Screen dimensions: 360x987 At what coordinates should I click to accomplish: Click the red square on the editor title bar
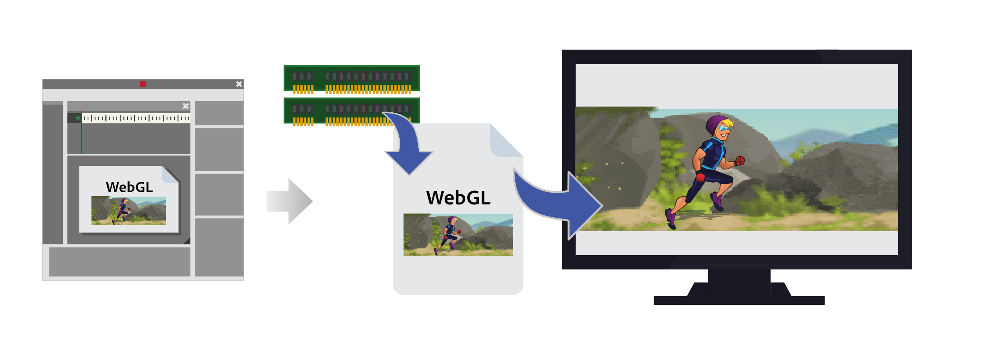pos(143,84)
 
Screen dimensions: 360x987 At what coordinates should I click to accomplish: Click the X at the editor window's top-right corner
pos(239,84)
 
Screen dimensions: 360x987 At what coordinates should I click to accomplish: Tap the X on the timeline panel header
pos(185,106)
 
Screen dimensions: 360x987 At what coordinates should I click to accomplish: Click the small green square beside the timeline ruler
pos(78,118)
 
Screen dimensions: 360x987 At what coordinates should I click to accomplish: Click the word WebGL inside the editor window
pos(129,187)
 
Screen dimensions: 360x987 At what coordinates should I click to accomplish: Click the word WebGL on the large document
pos(458,198)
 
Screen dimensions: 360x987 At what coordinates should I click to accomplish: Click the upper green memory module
pos(351,78)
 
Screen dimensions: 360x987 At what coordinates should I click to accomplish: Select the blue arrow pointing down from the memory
pos(407,148)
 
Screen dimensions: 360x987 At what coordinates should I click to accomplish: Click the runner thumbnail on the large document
pos(458,235)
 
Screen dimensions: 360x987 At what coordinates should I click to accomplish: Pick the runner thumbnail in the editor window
pos(128,211)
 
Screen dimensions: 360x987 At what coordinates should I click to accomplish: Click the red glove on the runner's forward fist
pos(740,160)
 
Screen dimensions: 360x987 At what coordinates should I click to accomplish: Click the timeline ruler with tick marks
pos(136,118)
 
